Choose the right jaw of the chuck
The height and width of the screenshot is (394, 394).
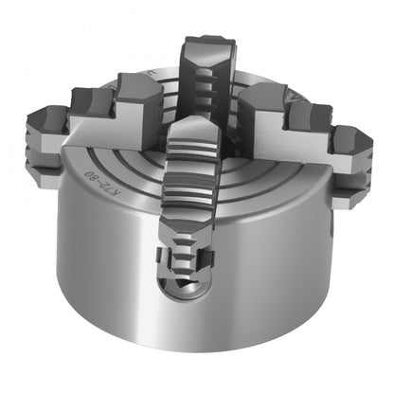tap(303, 128)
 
